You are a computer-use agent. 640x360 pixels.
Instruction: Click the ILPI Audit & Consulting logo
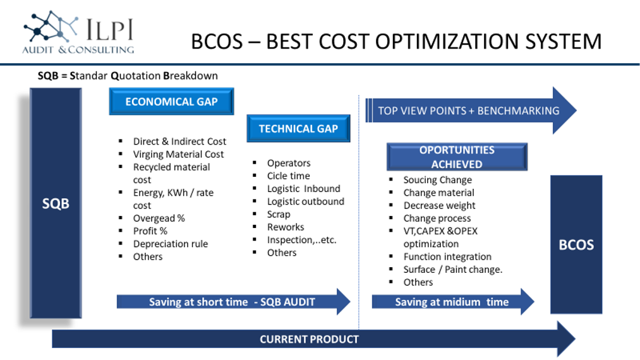click(x=78, y=33)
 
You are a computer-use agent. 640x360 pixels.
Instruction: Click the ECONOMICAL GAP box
click(x=171, y=101)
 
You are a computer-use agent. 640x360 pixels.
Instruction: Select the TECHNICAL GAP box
click(x=298, y=129)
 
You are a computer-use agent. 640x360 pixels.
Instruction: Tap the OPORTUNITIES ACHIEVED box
click(x=457, y=157)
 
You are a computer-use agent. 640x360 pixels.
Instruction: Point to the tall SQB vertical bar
click(x=56, y=203)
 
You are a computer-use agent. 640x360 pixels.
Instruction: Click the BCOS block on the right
click(x=576, y=244)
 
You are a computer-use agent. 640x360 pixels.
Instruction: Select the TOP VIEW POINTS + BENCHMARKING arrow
click(x=471, y=111)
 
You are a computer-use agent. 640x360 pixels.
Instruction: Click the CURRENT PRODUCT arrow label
click(x=310, y=339)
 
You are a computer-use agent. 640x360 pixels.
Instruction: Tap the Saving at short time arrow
click(x=233, y=302)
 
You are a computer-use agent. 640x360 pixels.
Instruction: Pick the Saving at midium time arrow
click(x=452, y=302)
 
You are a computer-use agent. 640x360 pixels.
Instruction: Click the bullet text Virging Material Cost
click(x=178, y=154)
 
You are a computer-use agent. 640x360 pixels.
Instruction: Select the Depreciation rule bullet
click(x=171, y=244)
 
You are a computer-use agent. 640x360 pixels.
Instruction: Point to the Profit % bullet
click(x=150, y=231)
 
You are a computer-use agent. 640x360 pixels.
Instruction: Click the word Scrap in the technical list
click(x=279, y=214)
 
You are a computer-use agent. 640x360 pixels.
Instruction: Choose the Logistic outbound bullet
click(x=306, y=201)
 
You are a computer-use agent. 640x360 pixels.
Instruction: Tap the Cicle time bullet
click(x=289, y=176)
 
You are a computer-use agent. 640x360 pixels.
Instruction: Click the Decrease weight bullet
click(x=440, y=205)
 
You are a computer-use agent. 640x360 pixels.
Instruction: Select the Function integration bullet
click(x=447, y=256)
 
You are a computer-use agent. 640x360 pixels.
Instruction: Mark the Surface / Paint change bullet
click(x=453, y=270)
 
